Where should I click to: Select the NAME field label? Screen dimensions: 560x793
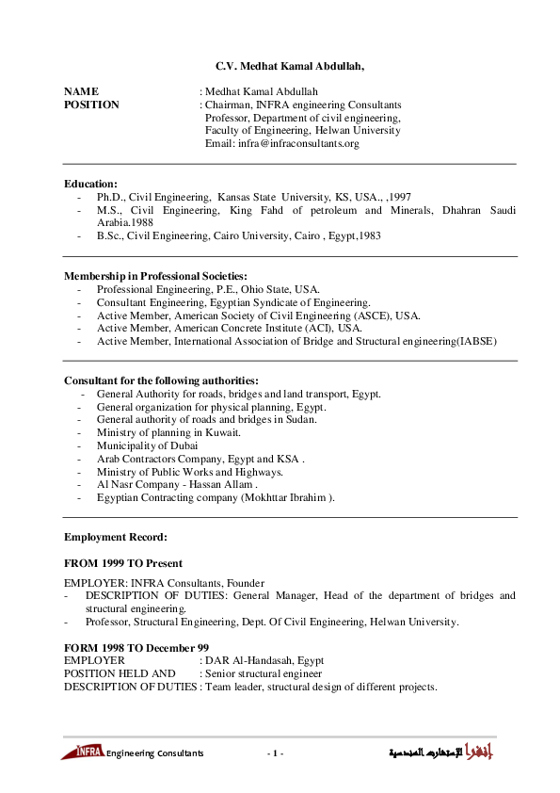81,91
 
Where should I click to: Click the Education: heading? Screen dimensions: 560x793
90,183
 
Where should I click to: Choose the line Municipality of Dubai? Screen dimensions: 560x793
147,445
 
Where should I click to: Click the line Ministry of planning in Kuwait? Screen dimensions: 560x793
168,432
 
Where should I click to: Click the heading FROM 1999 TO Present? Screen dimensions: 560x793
122,563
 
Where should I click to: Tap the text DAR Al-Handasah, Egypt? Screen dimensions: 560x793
258,661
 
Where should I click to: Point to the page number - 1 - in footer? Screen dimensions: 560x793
275,753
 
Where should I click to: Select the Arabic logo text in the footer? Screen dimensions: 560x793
442,753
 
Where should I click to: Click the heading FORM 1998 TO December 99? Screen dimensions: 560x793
136,648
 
